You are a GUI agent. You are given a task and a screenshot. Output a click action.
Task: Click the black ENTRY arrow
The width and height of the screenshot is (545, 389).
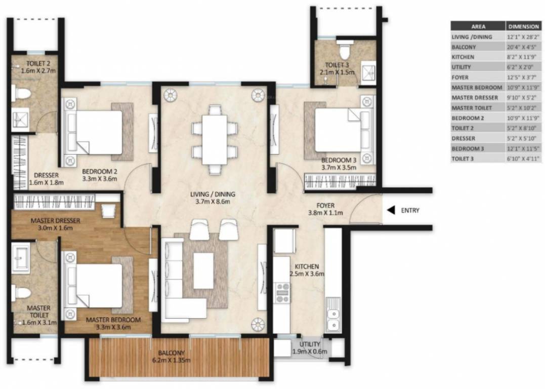[x=391, y=210]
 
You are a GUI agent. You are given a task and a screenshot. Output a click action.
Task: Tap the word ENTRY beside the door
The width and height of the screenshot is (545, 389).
[x=410, y=210]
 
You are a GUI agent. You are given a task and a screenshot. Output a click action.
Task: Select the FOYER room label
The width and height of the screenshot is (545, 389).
[x=325, y=205]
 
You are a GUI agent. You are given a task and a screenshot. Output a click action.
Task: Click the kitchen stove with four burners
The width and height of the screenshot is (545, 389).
[x=282, y=293]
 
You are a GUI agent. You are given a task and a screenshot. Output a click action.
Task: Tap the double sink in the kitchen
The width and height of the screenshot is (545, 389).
[x=333, y=319]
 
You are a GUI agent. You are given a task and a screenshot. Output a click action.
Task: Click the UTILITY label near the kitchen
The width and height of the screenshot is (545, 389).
[x=309, y=344]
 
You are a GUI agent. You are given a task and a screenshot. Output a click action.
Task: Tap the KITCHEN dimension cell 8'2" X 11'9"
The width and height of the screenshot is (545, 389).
[x=524, y=57]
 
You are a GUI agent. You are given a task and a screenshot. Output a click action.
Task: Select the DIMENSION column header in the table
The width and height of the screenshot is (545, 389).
[x=524, y=26]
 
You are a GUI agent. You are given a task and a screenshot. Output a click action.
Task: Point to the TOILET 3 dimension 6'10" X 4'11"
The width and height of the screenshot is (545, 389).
[x=524, y=159]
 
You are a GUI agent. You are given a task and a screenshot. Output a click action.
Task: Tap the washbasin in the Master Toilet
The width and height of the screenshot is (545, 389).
[x=20, y=257]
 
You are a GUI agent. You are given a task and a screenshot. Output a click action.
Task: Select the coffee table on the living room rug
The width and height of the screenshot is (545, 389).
[x=203, y=270]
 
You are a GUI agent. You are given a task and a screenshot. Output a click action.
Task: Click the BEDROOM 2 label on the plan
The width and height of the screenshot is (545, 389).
[x=100, y=171]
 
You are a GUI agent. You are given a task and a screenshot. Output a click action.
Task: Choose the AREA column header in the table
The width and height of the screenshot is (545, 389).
[x=478, y=26]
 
